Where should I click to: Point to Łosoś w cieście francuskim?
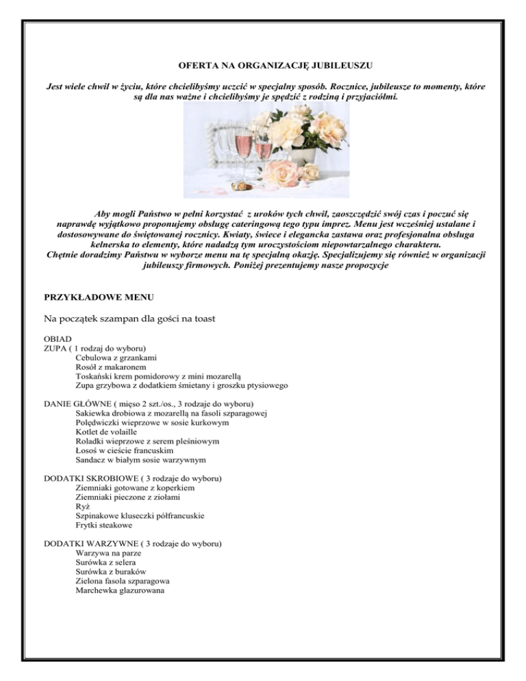tap(122, 451)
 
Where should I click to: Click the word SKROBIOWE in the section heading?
tap(116, 479)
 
